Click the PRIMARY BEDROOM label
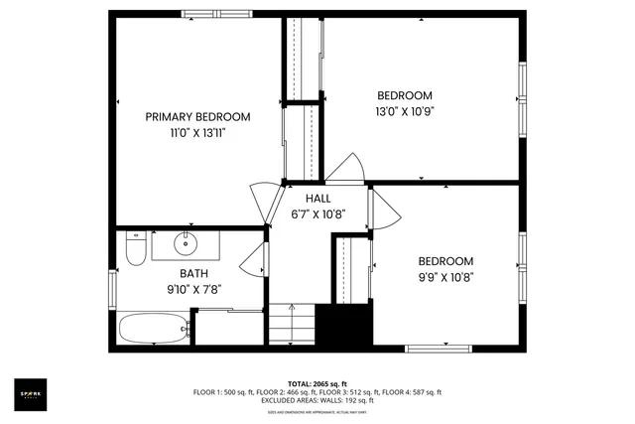click(x=197, y=116)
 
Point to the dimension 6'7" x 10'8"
click(x=317, y=213)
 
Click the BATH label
click(x=193, y=273)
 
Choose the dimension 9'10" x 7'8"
click(x=193, y=289)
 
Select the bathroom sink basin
click(x=185, y=242)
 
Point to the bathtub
click(x=154, y=327)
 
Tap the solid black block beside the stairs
click(x=343, y=326)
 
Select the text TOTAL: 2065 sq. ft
click(x=317, y=383)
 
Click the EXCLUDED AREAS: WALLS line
click(x=317, y=400)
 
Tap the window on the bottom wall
click(x=438, y=349)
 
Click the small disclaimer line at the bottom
click(x=317, y=410)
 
